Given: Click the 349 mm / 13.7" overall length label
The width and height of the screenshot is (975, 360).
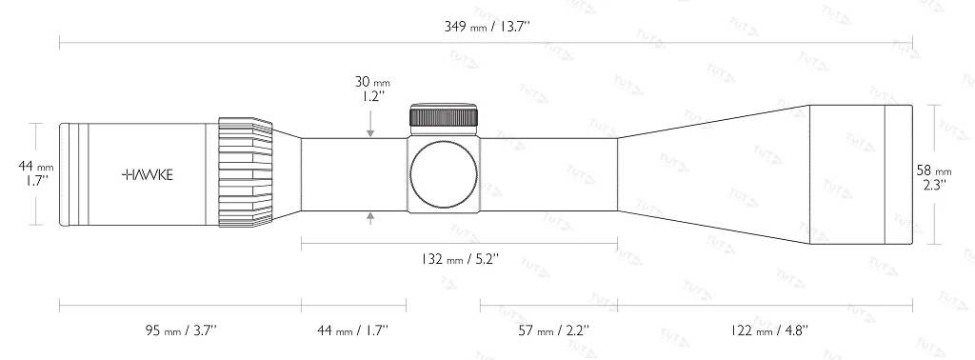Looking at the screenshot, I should click(x=487, y=26).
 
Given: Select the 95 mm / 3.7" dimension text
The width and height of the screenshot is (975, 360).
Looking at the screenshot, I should click(x=181, y=330).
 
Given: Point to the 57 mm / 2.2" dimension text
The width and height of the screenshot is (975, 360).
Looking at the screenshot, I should click(x=554, y=330).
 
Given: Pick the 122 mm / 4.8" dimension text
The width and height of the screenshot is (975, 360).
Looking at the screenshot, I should click(x=772, y=330).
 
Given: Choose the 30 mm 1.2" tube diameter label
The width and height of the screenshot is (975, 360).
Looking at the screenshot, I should click(x=369, y=90).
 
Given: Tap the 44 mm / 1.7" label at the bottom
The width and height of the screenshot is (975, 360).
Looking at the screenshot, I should click(x=352, y=330).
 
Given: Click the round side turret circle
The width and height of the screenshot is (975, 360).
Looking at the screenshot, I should click(x=444, y=174).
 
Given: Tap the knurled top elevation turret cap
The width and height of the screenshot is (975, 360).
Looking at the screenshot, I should click(x=444, y=116).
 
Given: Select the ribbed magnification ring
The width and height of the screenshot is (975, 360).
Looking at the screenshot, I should click(x=245, y=174).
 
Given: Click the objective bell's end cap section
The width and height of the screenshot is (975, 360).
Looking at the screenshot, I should click(x=899, y=174).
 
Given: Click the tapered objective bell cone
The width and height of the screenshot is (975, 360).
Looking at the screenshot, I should click(x=714, y=174).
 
